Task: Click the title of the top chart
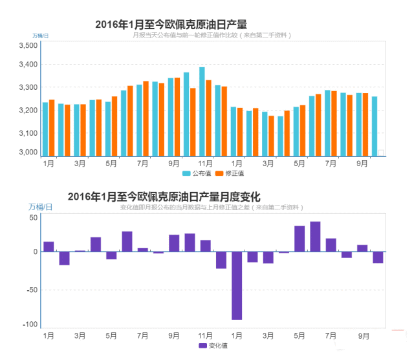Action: [171, 25]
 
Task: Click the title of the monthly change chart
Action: [163, 196]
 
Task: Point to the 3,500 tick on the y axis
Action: [28, 46]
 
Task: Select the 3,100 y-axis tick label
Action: [28, 133]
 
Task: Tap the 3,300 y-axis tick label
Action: [28, 87]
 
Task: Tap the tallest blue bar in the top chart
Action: [202, 111]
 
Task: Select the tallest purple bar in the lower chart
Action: [315, 237]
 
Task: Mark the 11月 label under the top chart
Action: [205, 164]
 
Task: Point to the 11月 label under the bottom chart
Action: [205, 336]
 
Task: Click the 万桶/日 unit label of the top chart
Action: [41, 35]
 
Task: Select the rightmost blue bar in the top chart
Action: [375, 126]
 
